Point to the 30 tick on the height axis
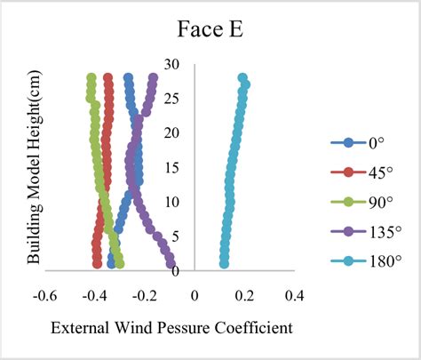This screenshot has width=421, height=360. (172, 64)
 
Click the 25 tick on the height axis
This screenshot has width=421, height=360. (172, 99)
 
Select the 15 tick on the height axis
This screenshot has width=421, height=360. (172, 168)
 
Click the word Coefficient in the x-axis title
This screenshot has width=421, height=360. (256, 328)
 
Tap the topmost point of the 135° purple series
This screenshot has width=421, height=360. (153, 78)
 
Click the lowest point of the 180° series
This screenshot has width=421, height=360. (224, 264)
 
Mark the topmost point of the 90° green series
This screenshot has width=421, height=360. (91, 78)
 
